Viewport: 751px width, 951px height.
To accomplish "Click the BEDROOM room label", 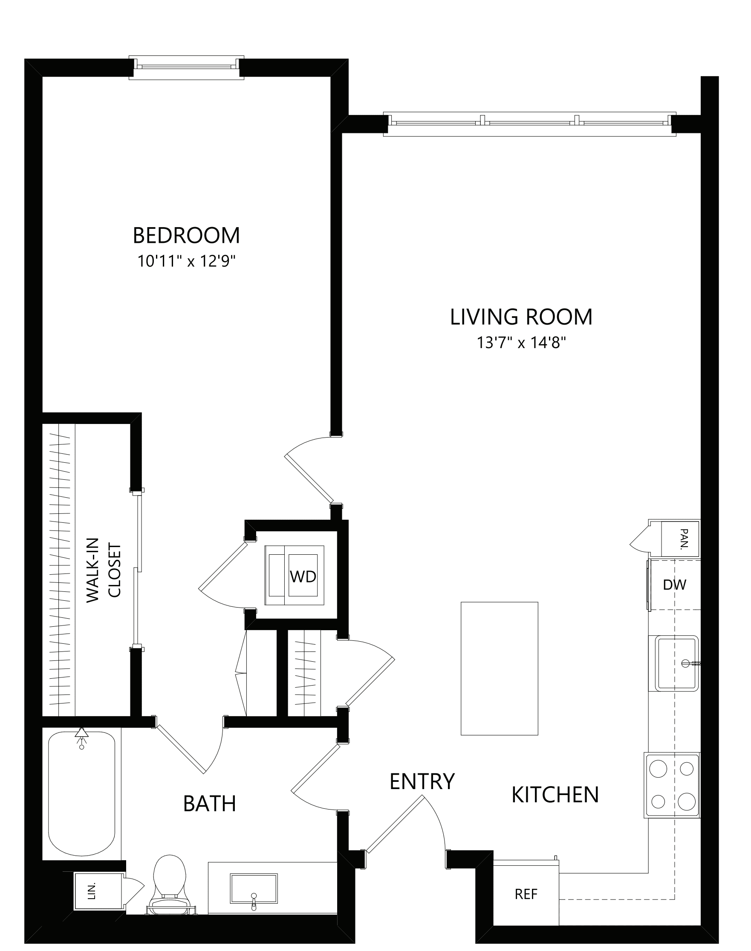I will tap(186, 236).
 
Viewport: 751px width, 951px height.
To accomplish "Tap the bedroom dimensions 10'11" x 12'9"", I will tap(186, 262).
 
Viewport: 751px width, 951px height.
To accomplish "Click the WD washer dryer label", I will tap(303, 576).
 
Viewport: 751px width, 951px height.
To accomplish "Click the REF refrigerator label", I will tap(526, 894).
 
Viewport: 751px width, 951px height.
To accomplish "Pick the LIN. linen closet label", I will tap(92, 892).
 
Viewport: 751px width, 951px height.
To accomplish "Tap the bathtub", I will tap(82, 794).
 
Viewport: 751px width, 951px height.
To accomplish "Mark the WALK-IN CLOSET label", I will tap(103, 570).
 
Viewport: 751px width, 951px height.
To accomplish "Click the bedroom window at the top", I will tap(186, 67).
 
